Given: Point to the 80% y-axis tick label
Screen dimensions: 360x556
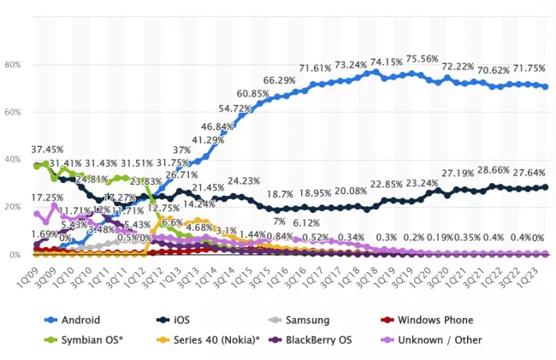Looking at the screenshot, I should pyautogui.click(x=13, y=65).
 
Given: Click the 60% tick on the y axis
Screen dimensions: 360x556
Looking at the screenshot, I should pyautogui.click(x=13, y=112).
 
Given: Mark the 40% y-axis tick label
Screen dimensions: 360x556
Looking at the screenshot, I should pyautogui.click(x=13, y=160).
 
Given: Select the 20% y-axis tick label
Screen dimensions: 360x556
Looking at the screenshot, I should pyautogui.click(x=13, y=207).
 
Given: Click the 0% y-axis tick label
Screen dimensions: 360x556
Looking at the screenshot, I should pyautogui.click(x=15, y=255).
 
